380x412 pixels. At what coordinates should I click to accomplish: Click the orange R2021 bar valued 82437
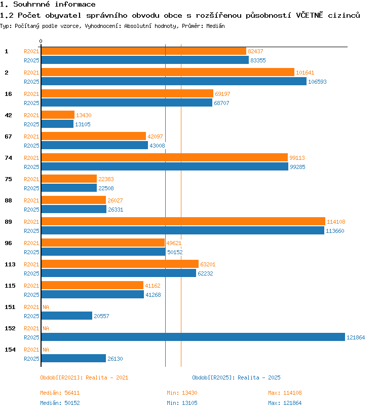144,51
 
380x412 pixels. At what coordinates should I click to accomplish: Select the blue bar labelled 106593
174,81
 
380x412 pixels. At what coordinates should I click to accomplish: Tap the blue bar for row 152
193,337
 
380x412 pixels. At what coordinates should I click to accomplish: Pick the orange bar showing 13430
58,115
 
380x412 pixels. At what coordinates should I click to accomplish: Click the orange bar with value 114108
183,221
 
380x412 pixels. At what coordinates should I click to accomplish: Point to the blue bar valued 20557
67,316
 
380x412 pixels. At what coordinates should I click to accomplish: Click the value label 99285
297,167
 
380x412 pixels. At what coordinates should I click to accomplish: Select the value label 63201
208,264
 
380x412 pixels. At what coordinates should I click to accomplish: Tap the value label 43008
157,146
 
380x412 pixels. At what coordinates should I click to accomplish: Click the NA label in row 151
46,307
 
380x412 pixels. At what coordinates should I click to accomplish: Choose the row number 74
9,158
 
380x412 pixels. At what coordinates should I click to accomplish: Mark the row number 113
10,264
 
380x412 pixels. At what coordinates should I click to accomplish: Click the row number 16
9,94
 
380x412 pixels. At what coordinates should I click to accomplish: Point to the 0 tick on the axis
41,41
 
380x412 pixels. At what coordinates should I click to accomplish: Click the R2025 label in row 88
31,210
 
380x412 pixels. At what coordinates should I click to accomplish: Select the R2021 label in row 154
31,350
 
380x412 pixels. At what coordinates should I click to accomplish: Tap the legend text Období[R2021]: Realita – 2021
84,377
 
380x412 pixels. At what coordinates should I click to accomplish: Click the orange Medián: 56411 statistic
60,393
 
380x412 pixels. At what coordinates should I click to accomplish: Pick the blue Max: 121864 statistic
285,403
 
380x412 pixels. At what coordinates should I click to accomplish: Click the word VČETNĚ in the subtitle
310,15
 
